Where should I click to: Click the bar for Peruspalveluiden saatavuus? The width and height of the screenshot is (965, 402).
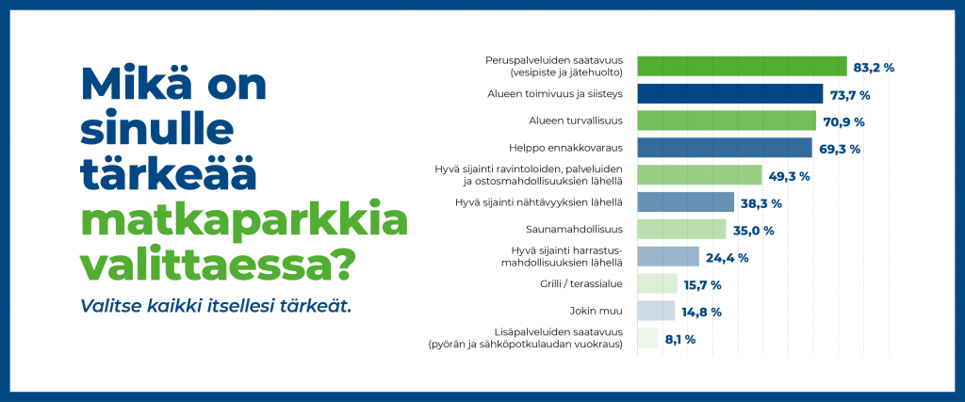click(x=743, y=67)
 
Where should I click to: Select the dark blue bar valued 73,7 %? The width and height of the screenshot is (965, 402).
click(x=730, y=93)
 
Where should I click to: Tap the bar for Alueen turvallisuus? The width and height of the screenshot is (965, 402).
click(x=727, y=121)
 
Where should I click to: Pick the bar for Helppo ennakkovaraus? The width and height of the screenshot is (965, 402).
click(x=725, y=148)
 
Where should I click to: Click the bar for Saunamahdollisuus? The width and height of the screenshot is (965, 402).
click(x=682, y=230)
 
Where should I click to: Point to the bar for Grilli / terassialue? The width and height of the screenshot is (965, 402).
click(x=657, y=283)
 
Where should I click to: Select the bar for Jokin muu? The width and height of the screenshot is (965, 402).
click(x=656, y=311)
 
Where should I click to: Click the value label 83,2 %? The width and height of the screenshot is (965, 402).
click(x=874, y=67)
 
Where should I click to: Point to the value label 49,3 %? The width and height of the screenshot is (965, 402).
click(x=789, y=176)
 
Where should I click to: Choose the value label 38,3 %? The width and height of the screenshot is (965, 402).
click(x=761, y=203)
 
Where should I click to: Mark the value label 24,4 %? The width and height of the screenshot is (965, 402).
click(x=727, y=258)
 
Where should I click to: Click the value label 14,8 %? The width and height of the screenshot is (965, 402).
click(x=701, y=313)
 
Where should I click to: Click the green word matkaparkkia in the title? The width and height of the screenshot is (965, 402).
click(x=244, y=224)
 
